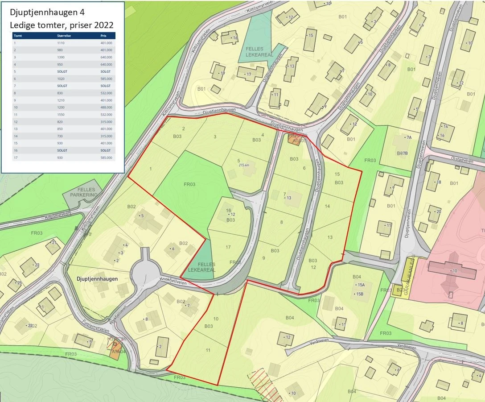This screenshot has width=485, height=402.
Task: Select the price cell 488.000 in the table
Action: coord(106,108)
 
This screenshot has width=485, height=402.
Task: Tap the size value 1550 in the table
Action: coord(61,115)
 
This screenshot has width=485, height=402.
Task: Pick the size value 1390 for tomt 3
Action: coord(61,57)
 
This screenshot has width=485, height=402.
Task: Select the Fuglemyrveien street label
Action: coord(94,328)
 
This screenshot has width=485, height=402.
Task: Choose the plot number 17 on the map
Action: coord(228,247)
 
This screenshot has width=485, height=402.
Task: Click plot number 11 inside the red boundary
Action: coord(208,350)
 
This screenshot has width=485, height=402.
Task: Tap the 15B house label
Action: coord(359,294)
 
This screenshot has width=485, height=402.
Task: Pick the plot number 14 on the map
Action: coord(328,206)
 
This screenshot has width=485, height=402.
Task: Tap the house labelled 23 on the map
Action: coord(36,265)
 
